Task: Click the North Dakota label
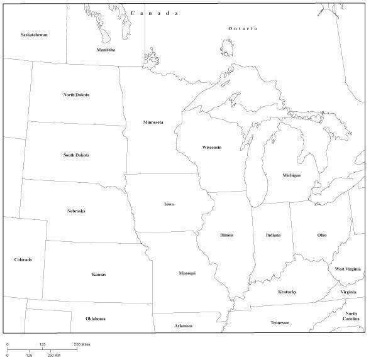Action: click(x=76, y=95)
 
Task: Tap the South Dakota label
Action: click(x=76, y=155)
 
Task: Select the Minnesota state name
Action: click(x=153, y=122)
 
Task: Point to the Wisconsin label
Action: click(x=211, y=147)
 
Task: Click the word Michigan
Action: click(x=291, y=175)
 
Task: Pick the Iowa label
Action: click(x=169, y=204)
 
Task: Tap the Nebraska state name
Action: click(x=76, y=211)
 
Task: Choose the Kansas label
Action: click(x=99, y=274)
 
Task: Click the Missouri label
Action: click(x=187, y=273)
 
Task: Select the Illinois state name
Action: click(x=226, y=235)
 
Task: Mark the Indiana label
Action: click(x=273, y=235)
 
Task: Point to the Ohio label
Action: click(x=321, y=235)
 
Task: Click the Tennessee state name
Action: click(x=280, y=323)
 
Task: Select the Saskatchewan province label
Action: click(x=34, y=35)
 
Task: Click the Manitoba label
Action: click(x=106, y=50)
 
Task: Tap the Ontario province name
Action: click(x=243, y=28)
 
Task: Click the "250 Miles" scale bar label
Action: click(x=82, y=344)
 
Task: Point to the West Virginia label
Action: click(x=348, y=269)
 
